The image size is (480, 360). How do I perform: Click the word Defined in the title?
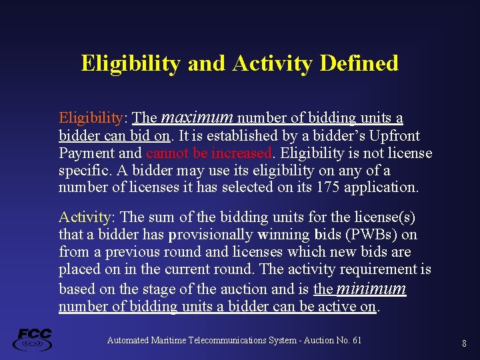[x=359, y=63]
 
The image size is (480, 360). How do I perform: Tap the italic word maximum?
[x=197, y=118]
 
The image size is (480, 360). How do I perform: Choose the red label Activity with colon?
[x=87, y=217]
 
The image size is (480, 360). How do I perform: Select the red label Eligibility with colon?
[x=92, y=118]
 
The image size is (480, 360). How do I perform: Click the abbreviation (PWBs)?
[x=373, y=235]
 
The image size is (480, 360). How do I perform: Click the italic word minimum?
[x=372, y=289]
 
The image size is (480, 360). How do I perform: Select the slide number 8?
[x=464, y=343]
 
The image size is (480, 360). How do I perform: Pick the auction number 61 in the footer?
[x=356, y=341]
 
